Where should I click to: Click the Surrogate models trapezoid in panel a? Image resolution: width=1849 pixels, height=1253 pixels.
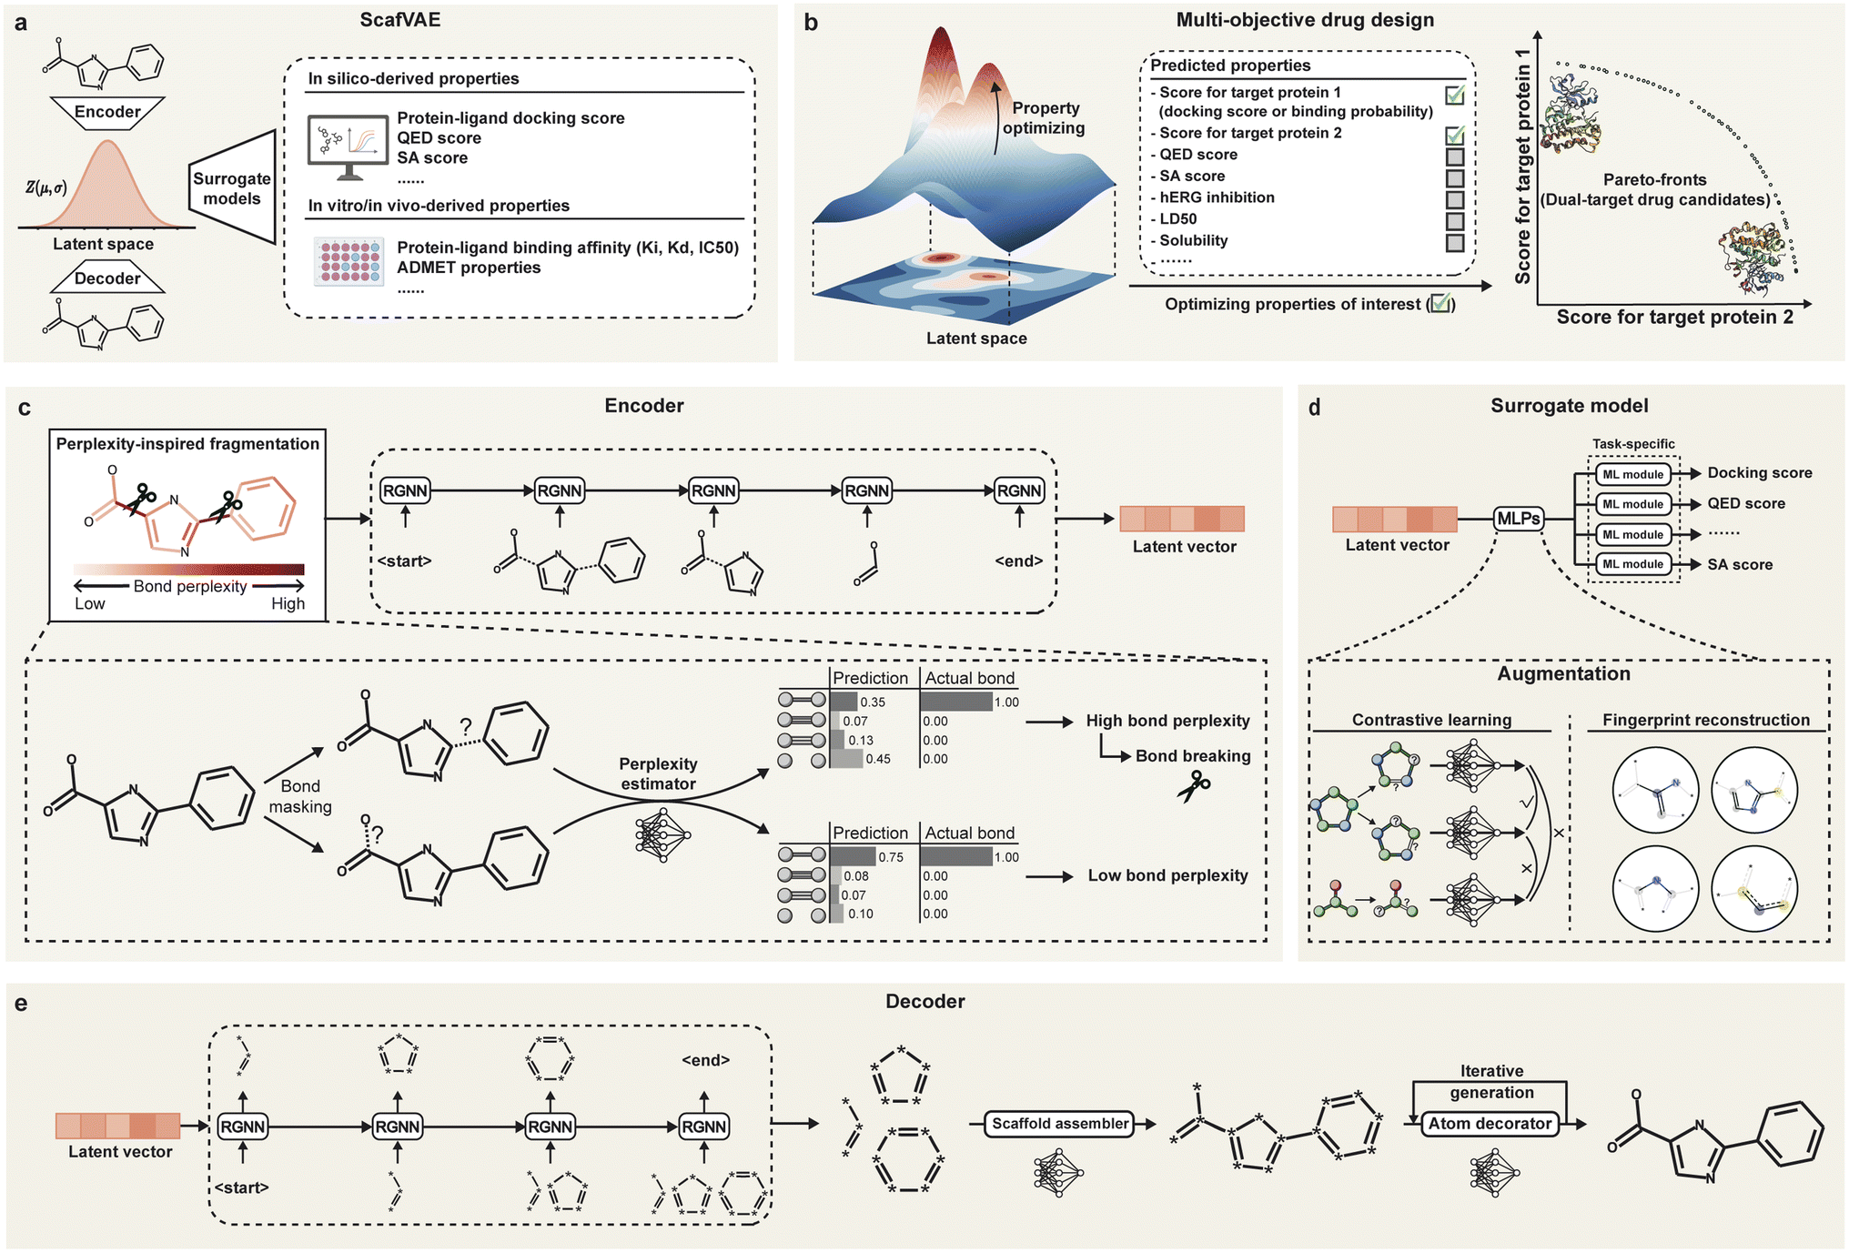[232, 187]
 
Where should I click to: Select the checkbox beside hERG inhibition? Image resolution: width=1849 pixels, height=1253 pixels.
[1455, 198]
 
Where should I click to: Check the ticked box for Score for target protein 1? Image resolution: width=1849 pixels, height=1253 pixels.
[1455, 94]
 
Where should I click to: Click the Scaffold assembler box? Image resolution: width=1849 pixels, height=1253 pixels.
[1060, 1124]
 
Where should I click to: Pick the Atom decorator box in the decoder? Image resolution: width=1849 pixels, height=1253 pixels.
[1490, 1124]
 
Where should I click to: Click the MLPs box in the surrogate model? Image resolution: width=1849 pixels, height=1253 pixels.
[1519, 519]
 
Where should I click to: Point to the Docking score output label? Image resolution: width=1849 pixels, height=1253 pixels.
[1760, 473]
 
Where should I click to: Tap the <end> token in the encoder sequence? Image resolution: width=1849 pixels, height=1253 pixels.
[1019, 561]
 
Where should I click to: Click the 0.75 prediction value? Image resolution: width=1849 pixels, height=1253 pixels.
[891, 857]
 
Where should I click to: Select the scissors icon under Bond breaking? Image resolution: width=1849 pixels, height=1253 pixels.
[1194, 786]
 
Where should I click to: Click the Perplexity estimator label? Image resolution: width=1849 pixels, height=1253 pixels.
[658, 773]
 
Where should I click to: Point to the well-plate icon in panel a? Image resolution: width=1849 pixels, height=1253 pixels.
[348, 262]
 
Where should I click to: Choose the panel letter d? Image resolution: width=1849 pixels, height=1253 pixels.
[1314, 408]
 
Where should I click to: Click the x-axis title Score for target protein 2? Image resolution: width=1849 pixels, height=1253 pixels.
[1674, 318]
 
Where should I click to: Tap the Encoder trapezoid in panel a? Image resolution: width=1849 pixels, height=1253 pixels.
[107, 112]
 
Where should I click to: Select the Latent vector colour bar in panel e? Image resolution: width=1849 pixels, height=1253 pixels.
[118, 1126]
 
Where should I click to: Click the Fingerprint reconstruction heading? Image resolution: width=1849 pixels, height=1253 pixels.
[1706, 720]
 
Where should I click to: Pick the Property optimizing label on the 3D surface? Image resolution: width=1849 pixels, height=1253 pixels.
[1045, 118]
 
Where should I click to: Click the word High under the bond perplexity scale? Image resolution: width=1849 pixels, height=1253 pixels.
[288, 604]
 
